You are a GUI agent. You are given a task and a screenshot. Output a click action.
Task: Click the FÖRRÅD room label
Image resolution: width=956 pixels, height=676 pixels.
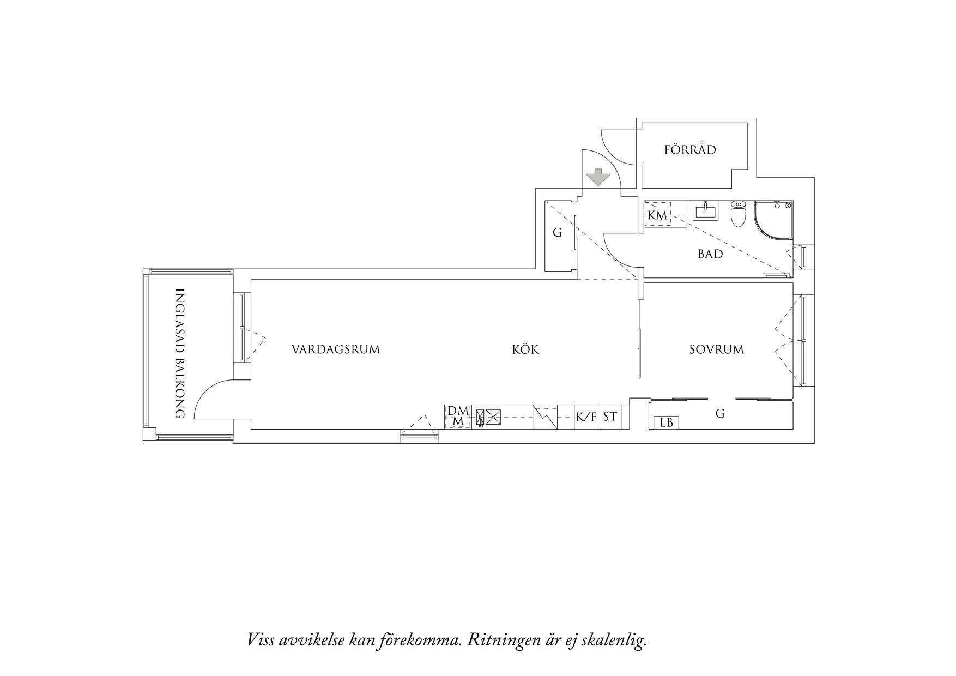pyautogui.click(x=690, y=149)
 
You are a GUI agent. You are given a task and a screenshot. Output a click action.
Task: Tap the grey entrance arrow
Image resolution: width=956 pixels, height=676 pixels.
pyautogui.click(x=598, y=177)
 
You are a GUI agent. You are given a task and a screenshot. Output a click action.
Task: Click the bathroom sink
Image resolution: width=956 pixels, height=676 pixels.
pyautogui.click(x=706, y=210)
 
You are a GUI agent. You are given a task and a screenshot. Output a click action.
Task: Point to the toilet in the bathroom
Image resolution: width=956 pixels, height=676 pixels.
pyautogui.click(x=738, y=214)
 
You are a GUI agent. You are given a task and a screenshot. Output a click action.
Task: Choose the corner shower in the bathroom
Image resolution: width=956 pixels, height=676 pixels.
pyautogui.click(x=773, y=220)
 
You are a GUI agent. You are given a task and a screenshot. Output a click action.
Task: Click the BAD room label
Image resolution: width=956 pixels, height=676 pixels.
pyautogui.click(x=711, y=254)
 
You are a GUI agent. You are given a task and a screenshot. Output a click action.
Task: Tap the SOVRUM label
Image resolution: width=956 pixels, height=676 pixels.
pyautogui.click(x=716, y=349)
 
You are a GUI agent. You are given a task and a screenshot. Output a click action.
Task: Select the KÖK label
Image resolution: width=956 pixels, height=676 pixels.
pyautogui.click(x=525, y=349)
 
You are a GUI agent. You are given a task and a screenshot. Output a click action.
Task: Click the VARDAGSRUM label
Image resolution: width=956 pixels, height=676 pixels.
pyautogui.click(x=336, y=349)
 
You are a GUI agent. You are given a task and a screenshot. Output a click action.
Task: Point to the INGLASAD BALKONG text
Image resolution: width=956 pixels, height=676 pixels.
pyautogui.click(x=179, y=353)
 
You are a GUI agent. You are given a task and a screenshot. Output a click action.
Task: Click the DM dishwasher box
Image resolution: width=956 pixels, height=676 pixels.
pyautogui.click(x=458, y=417)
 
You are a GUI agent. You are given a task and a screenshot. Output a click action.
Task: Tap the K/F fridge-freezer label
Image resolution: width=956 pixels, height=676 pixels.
pyautogui.click(x=586, y=418)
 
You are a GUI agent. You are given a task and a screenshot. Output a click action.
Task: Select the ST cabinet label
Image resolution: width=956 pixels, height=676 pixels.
pyautogui.click(x=610, y=417)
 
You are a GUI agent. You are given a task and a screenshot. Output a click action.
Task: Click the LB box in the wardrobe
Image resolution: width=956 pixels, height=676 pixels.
pyautogui.click(x=666, y=422)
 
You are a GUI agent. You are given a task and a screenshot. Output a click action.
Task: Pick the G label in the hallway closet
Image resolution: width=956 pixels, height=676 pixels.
pyautogui.click(x=557, y=233)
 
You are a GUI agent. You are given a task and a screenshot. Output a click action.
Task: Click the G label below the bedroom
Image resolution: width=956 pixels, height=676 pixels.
pyautogui.click(x=720, y=414)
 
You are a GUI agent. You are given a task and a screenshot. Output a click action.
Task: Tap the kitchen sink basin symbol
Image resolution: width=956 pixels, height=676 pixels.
pyautogui.click(x=493, y=418)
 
